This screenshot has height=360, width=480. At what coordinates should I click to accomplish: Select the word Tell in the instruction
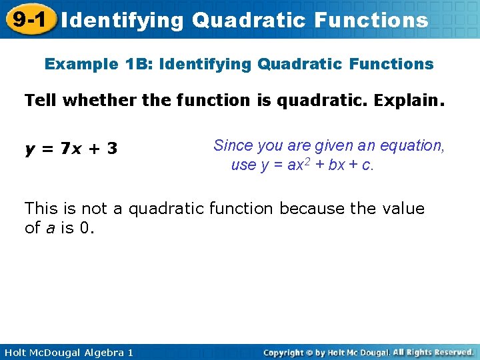click(39, 101)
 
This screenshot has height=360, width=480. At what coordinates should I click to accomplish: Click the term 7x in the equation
click(69, 149)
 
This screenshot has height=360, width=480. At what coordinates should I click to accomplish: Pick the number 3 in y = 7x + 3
click(113, 149)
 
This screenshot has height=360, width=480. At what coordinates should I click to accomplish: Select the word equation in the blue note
click(413, 145)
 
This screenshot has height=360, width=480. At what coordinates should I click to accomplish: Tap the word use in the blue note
click(243, 165)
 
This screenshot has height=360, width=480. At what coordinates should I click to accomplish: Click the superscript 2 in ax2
click(310, 161)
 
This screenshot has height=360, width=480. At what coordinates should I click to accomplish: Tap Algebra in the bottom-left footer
click(101, 352)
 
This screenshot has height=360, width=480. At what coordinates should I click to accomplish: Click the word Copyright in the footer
click(284, 352)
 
